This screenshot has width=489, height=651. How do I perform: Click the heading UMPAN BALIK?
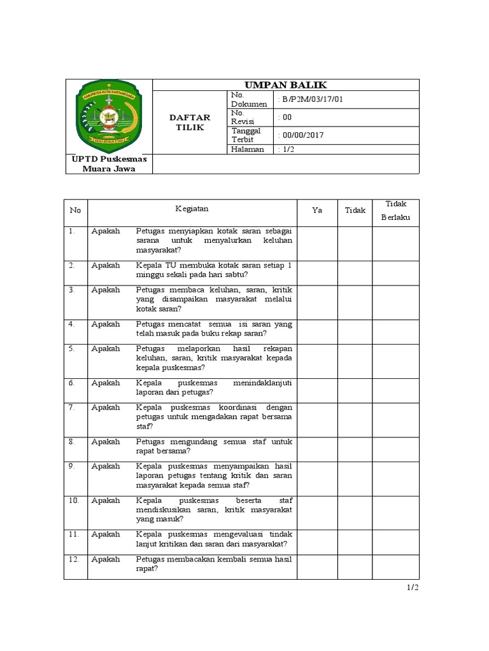click(286, 85)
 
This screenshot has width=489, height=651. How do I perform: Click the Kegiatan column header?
click(192, 208)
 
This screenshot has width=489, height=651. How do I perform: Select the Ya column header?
click(316, 210)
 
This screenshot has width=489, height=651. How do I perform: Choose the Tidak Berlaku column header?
click(395, 210)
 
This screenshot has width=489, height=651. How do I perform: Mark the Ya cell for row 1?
click(316, 243)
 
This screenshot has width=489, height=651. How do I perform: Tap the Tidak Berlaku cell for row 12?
click(395, 566)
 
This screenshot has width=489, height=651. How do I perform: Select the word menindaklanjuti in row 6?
click(260, 383)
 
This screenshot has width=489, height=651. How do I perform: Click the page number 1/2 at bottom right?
click(413, 588)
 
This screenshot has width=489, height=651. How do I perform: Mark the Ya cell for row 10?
click(316, 510)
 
